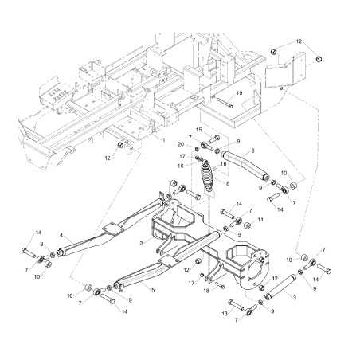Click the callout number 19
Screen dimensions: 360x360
click(238, 93)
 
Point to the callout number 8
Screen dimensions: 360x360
click(227, 184)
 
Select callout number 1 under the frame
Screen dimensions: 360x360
click(164, 140)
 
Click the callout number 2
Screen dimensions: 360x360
click(142, 243)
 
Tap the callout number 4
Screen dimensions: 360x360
click(61, 235)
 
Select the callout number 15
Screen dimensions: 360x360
click(199, 130)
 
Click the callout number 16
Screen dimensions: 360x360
click(182, 166)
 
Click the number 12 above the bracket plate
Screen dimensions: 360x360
click(299, 41)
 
